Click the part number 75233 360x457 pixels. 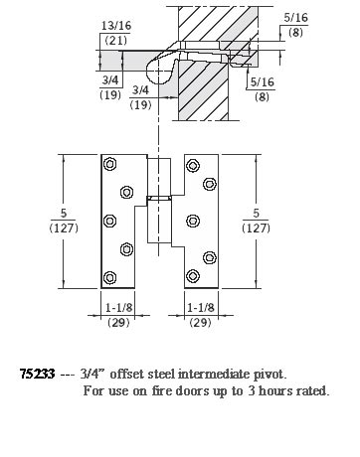[x=37, y=375]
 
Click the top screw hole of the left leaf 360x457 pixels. [x=109, y=164]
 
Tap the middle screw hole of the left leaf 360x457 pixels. [x=109, y=220]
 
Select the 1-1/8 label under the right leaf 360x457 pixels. [x=201, y=309]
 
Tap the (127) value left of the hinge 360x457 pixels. [x=34, y=228]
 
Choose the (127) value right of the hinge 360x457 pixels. [x=257, y=228]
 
